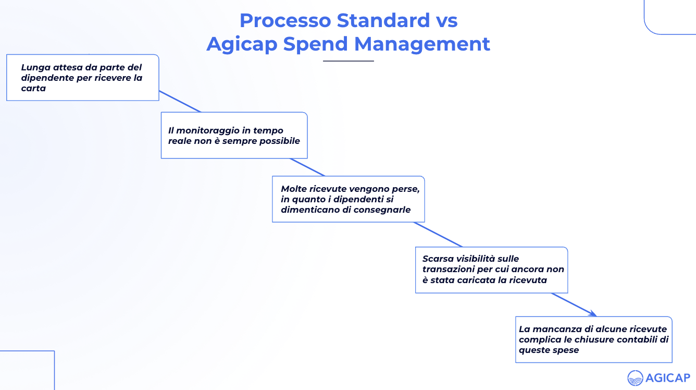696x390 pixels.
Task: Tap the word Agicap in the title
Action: click(242, 44)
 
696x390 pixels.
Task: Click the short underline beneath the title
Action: click(348, 61)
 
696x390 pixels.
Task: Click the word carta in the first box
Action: click(33, 88)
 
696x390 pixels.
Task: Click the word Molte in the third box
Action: click(293, 189)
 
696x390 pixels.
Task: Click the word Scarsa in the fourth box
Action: click(438, 259)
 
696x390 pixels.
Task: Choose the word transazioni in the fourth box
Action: click(451, 269)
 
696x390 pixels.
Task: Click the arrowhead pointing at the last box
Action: click(592, 313)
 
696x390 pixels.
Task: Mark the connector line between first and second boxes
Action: click(180, 101)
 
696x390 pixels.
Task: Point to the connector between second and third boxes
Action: click(307, 167)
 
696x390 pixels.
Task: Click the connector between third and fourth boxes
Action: click(438, 234)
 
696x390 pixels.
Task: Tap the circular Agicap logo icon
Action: click(635, 378)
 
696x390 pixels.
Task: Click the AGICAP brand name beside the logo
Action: click(668, 378)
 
